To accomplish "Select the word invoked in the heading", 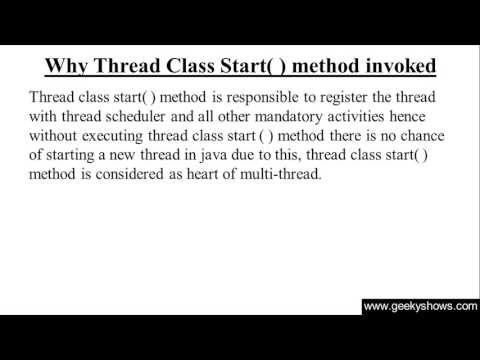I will click(x=395, y=67).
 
